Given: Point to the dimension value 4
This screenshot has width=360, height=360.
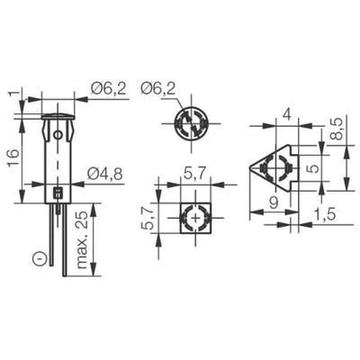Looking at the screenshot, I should [284, 114].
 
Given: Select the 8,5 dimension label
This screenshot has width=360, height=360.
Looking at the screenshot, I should [334, 128].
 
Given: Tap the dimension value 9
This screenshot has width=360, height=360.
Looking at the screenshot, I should [272, 203].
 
